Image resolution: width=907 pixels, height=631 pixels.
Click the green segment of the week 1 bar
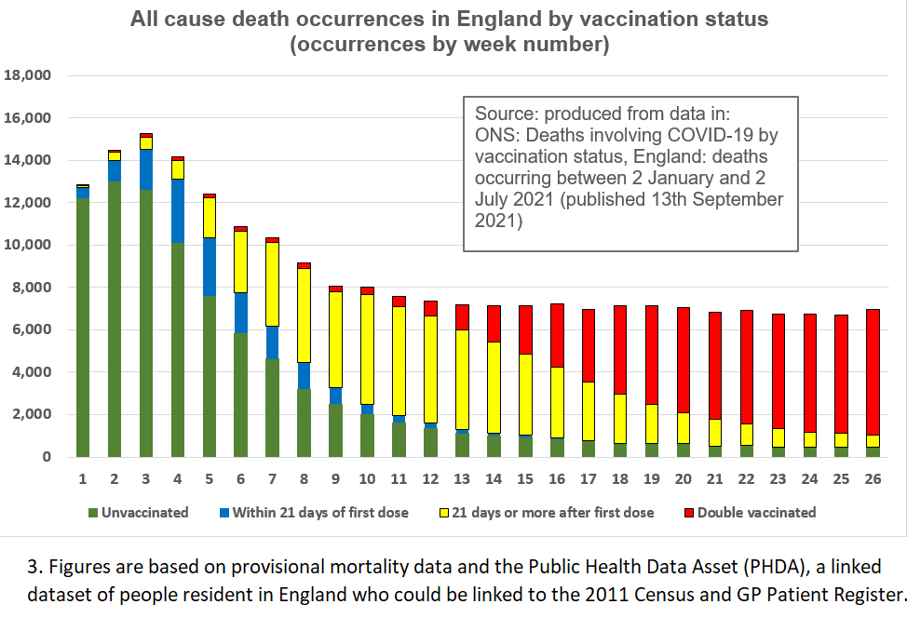(83, 326)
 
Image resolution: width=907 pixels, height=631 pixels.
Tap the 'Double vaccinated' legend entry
(755, 513)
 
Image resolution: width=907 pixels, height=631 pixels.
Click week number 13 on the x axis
(462, 479)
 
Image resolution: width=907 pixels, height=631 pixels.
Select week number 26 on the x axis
(873, 479)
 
